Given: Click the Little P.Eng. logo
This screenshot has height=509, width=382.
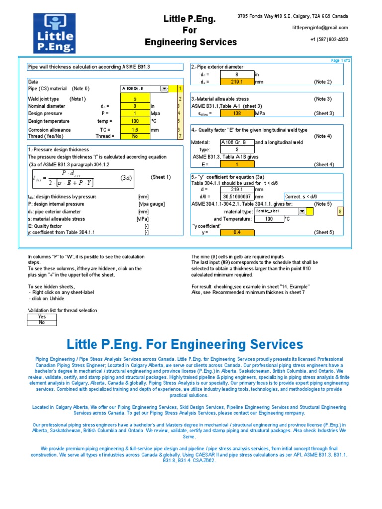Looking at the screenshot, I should click(54, 33).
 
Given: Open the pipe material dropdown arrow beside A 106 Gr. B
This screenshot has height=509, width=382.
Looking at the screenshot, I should click(164, 89).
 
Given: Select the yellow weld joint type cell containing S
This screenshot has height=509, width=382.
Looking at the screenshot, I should click(135, 99).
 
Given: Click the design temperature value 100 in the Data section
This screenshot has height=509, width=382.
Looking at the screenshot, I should click(135, 121).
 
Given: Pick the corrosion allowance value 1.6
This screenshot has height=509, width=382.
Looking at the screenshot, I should click(135, 130).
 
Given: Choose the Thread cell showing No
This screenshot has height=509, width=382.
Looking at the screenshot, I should click(135, 136).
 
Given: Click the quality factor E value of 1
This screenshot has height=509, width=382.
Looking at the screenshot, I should click(237, 164).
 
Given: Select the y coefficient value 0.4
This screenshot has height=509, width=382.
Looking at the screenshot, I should click(237, 232).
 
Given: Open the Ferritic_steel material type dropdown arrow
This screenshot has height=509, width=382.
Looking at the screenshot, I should click(302, 211).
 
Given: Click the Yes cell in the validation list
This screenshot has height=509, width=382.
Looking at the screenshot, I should click(42, 317).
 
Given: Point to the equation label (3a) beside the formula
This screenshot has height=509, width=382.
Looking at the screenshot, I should click(126, 178).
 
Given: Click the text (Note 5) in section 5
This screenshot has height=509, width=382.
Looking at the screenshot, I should click(323, 204).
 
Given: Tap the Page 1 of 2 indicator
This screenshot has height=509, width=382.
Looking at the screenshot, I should click(341, 60).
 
